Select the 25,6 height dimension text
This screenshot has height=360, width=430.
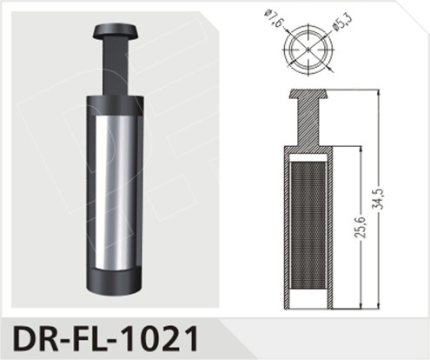point(358,230)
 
